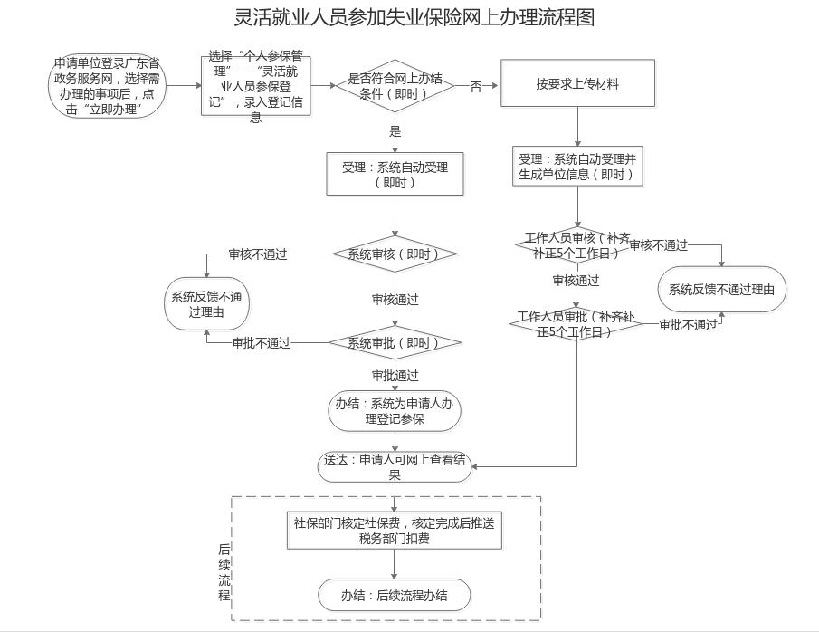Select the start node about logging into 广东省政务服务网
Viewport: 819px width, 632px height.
coord(108,86)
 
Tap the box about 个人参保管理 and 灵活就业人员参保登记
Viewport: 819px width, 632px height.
coord(256,87)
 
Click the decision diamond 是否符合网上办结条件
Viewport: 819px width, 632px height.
coord(395,86)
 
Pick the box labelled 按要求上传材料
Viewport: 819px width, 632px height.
coord(577,83)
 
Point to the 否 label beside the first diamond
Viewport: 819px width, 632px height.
coord(476,87)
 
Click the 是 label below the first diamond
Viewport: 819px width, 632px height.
coord(395,131)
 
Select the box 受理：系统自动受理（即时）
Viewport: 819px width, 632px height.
coord(395,174)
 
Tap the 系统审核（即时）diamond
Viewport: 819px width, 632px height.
coord(395,254)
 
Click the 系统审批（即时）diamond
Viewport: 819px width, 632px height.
coord(395,343)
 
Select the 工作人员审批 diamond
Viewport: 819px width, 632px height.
coord(576,323)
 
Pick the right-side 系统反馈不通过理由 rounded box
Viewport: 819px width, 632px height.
coord(722,290)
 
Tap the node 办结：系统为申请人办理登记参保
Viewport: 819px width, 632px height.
coord(395,411)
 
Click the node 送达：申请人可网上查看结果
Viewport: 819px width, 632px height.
coord(395,466)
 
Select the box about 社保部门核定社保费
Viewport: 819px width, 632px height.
coord(395,531)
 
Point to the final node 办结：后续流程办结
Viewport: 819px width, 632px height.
coord(395,596)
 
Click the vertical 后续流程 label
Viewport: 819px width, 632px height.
coord(224,572)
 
